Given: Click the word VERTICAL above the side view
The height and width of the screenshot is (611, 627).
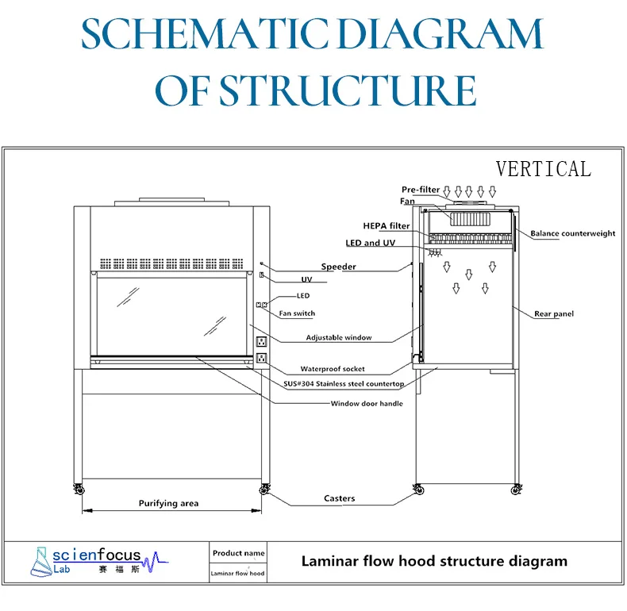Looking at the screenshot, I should point(543,169).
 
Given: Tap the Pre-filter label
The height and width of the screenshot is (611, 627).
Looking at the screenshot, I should point(421,190).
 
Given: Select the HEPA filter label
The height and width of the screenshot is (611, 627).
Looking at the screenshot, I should point(387,226).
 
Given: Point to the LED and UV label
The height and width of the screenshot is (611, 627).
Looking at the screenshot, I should point(370,243).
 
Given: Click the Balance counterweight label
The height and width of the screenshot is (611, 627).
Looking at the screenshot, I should point(573,233).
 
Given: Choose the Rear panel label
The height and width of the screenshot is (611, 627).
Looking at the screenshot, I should point(554,314).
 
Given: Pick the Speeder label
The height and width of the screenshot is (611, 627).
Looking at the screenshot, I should point(339,267).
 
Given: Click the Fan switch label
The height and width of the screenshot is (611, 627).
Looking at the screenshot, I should point(297,313).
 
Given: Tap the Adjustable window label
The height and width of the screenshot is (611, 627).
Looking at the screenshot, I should point(339,338).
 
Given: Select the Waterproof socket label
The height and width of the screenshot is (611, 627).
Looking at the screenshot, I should point(333,369).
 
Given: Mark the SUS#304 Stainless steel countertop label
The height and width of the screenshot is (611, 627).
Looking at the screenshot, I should point(344,384).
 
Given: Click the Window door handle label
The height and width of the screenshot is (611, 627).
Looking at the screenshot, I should point(367,403).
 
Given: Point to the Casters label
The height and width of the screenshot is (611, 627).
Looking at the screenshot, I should point(340,499).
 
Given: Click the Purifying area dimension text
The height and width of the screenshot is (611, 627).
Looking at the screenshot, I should point(168,503).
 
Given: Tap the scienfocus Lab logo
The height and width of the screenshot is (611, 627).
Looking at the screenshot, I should point(95,562).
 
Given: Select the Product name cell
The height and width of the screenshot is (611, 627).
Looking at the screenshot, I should point(238,553).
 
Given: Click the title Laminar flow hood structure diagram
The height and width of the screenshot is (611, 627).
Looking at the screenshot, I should point(434,562).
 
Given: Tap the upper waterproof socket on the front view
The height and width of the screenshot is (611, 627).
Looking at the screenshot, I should point(260,342).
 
